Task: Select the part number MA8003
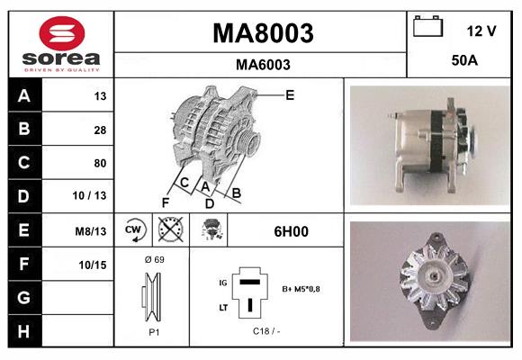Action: coord(262,33)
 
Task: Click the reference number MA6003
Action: coord(262,65)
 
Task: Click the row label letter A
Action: coord(23,95)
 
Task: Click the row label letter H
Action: coord(23,330)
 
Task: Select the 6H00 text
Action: coord(292,231)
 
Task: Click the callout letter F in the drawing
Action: coord(166,201)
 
